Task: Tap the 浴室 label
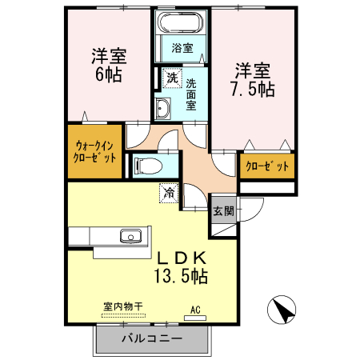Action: pyautogui.click(x=182, y=48)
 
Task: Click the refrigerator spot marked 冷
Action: pyautogui.click(x=169, y=191)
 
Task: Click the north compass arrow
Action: pyautogui.click(x=282, y=310)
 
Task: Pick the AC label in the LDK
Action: pyautogui.click(x=195, y=308)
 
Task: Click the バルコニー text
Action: pyautogui.click(x=152, y=338)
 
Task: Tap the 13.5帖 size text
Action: pyautogui.click(x=182, y=277)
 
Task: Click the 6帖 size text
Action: pyautogui.click(x=110, y=75)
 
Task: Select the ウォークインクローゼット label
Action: pyautogui.click(x=96, y=152)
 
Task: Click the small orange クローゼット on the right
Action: pyautogui.click(x=266, y=166)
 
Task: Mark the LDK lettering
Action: pyautogui.click(x=182, y=258)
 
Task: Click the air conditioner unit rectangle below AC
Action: pyautogui.click(x=195, y=318)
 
